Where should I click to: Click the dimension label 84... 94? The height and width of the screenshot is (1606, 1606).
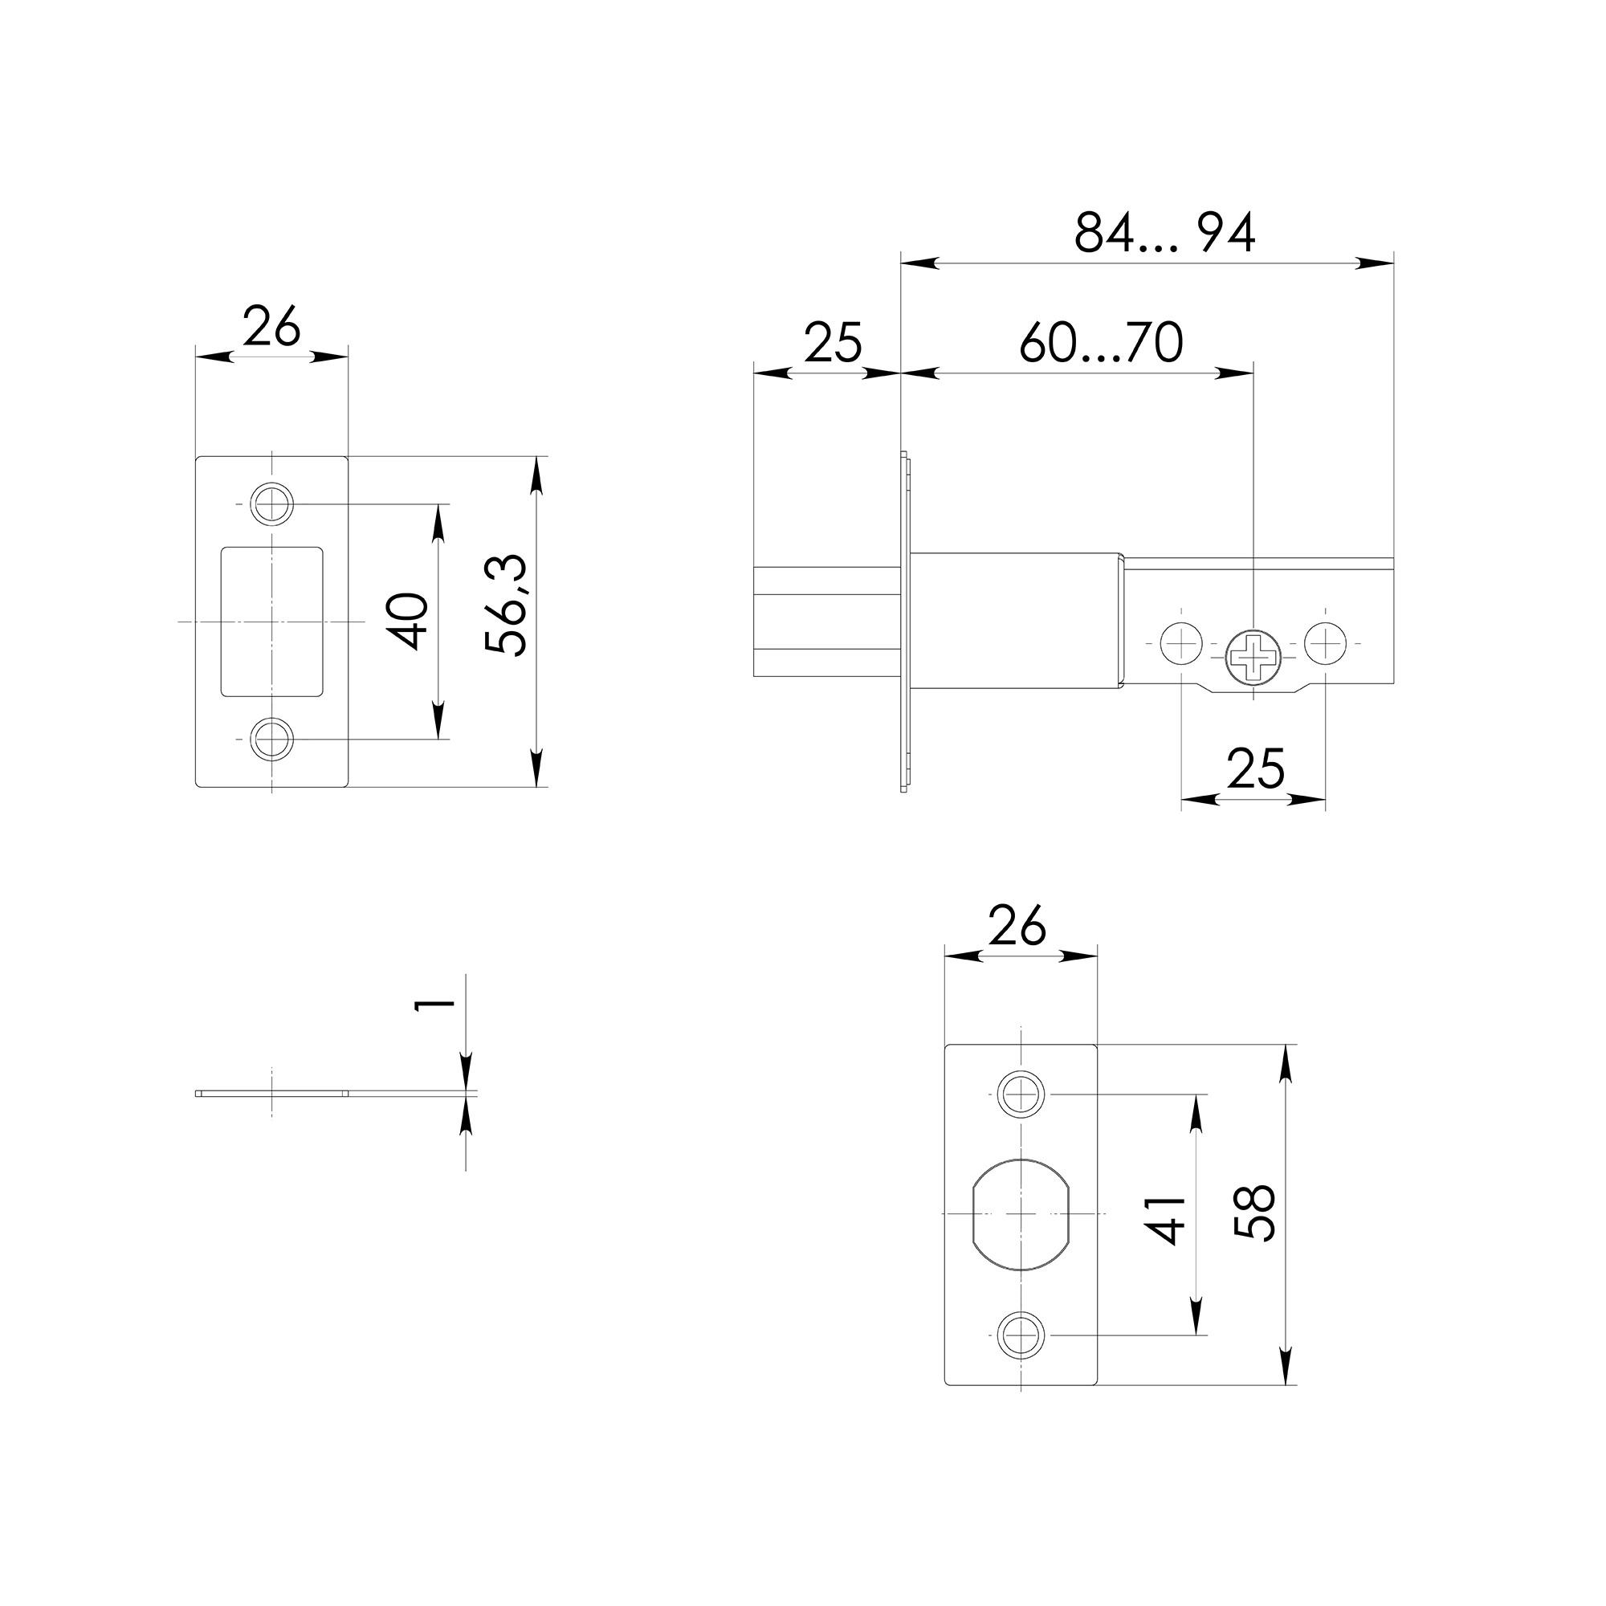[x=1164, y=234]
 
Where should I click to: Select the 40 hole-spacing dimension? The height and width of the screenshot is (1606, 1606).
[x=410, y=621]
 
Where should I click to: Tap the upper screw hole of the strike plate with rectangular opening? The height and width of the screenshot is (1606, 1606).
[x=272, y=503]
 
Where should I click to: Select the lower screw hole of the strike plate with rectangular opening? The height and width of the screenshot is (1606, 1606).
[x=272, y=739]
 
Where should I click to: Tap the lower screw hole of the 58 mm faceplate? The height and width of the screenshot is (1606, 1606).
[x=1021, y=1335]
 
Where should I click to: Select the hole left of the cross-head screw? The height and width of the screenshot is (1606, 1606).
[x=1181, y=643]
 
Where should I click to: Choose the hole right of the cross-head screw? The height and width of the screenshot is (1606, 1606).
[x=1325, y=643]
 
